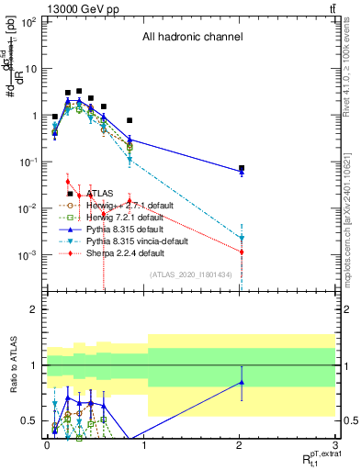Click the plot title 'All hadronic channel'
point(192,38)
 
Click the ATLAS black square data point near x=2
point(242,169)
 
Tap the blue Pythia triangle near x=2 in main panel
point(242,173)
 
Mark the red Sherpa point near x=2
point(242,252)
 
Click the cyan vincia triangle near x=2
point(242,238)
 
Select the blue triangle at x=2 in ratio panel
point(242,382)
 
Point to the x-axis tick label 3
point(336,444)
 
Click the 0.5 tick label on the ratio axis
point(29,420)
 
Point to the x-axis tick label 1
point(143,444)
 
